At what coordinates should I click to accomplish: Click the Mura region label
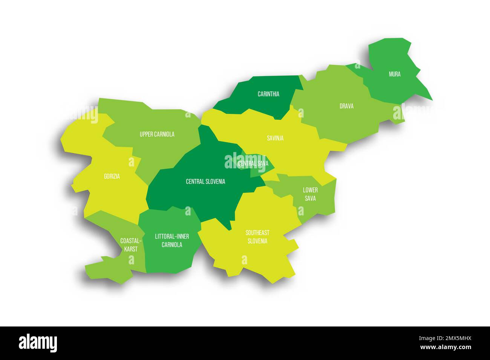pos(395,74)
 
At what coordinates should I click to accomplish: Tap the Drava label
pos(346,106)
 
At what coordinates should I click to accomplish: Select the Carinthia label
pos(268,94)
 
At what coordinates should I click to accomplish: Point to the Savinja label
pos(275,138)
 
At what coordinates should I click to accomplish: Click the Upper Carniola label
pos(157,134)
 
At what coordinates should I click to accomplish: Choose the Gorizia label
pos(112,176)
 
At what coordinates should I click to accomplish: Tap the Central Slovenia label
pos(205,182)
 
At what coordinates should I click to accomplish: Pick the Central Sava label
pos(253,163)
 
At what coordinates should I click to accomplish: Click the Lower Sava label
pos(310,194)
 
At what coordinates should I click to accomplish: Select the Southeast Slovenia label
pos(257,237)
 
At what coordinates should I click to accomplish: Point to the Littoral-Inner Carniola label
pos(172,240)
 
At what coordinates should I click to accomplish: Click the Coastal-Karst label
pos(131,245)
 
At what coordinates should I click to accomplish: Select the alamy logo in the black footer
pos(38,343)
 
